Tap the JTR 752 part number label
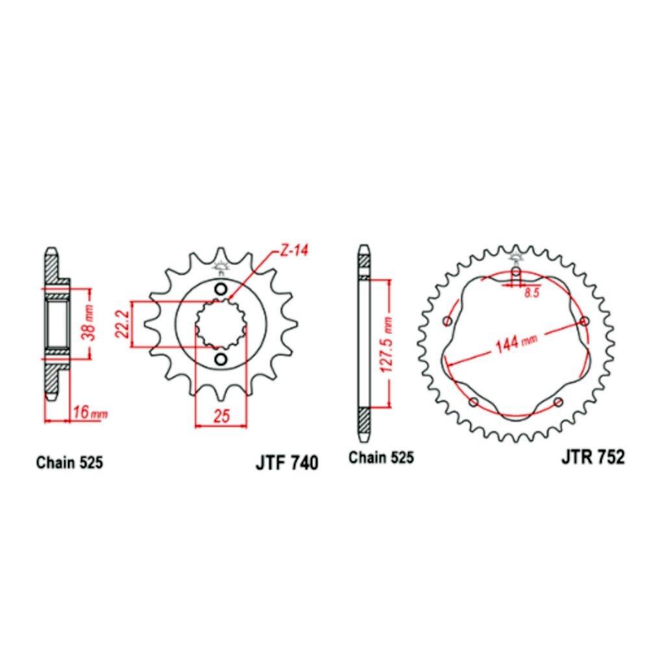tap(593, 457)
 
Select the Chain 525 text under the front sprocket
tap(69, 462)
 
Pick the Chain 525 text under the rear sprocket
tap(381, 458)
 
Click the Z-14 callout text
tap(295, 251)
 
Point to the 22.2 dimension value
tap(123, 324)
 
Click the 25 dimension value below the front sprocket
tap(221, 416)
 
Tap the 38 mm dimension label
tap(90, 323)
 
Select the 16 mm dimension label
tap(90, 412)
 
